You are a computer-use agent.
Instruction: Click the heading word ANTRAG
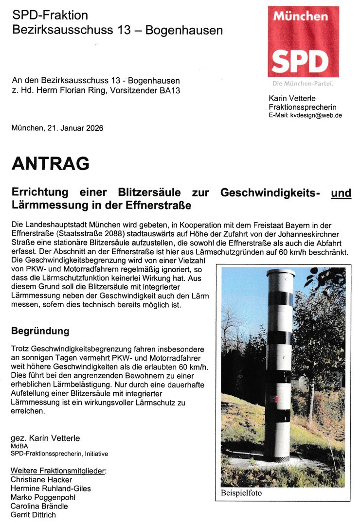tap(51, 164)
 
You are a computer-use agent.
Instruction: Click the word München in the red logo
tap(300, 17)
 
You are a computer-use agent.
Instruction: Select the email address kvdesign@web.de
tap(316, 116)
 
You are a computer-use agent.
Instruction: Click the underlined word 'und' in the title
tap(341, 193)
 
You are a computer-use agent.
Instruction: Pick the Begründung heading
tap(40, 332)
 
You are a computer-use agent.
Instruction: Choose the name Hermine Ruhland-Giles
tap(51, 488)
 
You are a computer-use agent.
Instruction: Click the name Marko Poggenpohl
tap(43, 497)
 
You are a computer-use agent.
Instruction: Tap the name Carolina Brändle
tap(39, 506)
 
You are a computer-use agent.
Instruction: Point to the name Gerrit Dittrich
tap(33, 515)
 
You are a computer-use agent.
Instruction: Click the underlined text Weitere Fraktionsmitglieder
tap(58, 471)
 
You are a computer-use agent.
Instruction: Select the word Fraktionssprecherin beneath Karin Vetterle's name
tap(302, 107)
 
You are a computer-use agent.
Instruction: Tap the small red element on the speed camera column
tap(276, 400)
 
